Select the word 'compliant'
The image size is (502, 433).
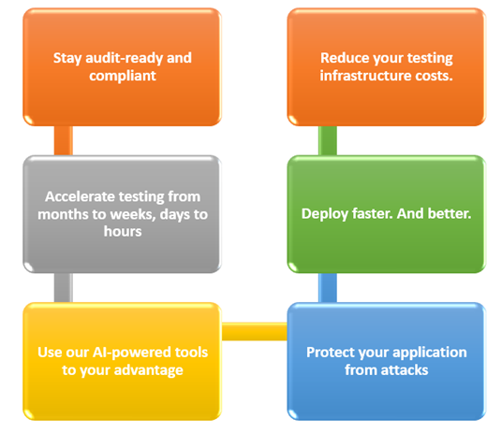(x=123, y=76)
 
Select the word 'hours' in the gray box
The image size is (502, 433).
(x=123, y=232)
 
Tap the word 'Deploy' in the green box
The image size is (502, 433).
(x=325, y=214)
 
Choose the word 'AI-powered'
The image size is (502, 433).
(x=131, y=353)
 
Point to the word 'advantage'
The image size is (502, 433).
(x=149, y=370)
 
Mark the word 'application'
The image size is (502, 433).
(x=430, y=353)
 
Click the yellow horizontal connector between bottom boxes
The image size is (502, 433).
(x=255, y=331)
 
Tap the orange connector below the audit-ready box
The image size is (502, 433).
(x=64, y=140)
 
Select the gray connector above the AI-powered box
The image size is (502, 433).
(x=64, y=287)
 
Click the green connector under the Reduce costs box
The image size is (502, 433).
(x=328, y=140)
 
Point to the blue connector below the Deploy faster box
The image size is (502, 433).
(x=328, y=287)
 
